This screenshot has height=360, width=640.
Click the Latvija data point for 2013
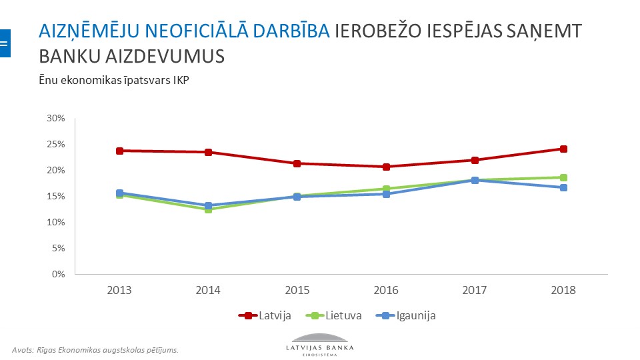point(119,151)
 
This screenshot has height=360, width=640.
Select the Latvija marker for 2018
point(563,149)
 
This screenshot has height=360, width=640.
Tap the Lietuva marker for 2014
point(208,209)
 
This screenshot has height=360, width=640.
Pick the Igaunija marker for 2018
point(563,187)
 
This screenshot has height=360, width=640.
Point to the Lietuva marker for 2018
point(563,177)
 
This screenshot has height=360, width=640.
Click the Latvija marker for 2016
point(386,167)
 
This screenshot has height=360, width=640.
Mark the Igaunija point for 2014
point(208,205)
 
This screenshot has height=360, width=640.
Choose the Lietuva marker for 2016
point(386,189)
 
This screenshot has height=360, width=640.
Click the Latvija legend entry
point(265,315)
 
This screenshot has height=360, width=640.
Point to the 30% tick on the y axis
point(55,118)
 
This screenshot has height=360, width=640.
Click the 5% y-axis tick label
point(58,248)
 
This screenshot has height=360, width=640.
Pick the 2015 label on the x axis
point(297,291)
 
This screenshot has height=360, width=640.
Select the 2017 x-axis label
point(475,291)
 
